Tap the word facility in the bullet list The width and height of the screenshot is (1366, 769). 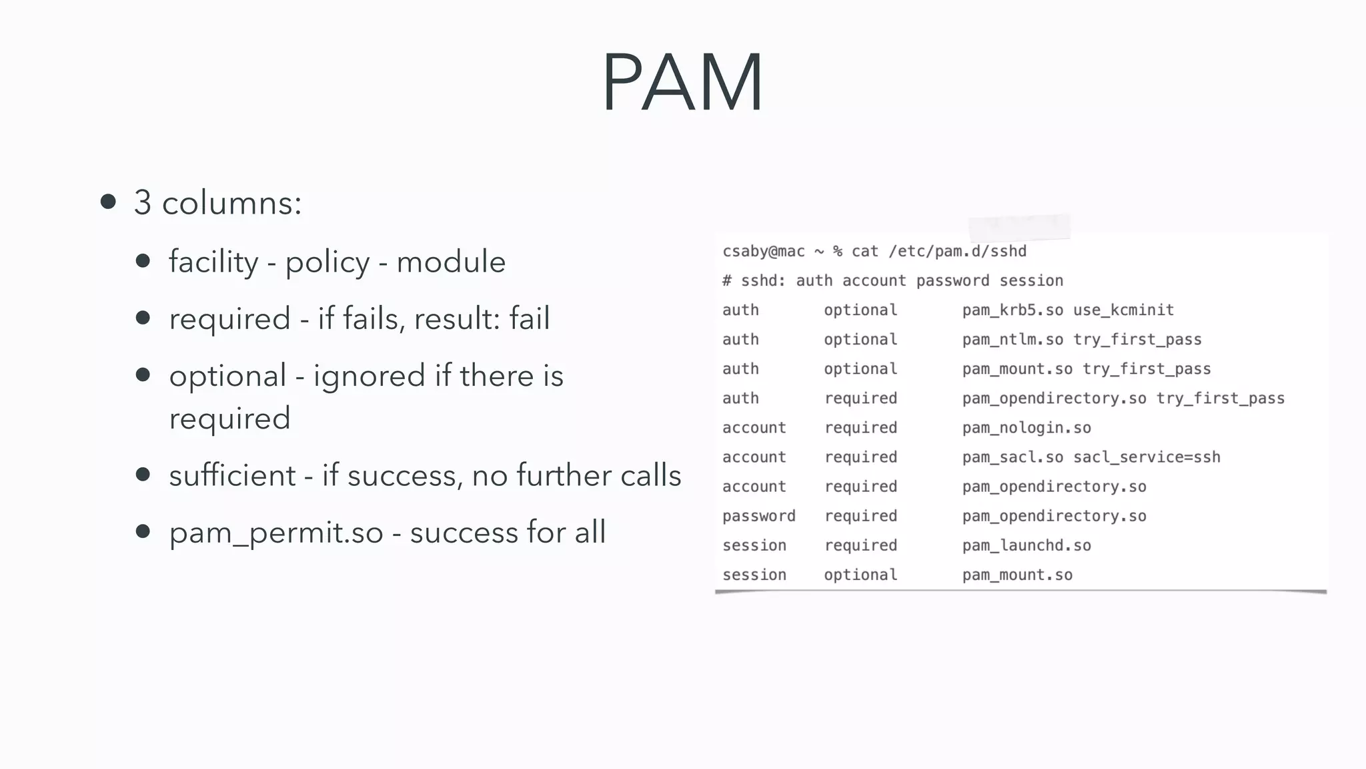point(213,262)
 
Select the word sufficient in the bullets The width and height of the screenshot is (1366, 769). point(232,475)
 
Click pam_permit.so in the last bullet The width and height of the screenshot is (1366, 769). point(276,533)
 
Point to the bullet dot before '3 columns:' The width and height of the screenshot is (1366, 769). point(109,202)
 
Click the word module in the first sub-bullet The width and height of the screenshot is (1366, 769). point(451,262)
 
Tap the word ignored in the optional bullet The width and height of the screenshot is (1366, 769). point(369,376)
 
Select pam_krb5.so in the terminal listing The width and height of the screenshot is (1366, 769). point(1012,310)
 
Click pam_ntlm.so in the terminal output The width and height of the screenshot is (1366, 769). point(1012,340)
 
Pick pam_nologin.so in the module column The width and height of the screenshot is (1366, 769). point(1027,428)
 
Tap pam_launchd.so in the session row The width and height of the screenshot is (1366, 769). point(1027,545)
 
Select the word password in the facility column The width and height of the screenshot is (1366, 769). point(759,516)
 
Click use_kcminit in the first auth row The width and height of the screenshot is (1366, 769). point(1123,310)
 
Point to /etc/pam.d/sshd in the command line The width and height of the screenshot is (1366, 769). point(957,252)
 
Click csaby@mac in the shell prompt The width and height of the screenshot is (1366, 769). point(764,252)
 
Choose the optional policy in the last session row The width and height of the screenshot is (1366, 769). point(860,575)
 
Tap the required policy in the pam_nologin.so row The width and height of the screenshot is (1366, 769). point(860,428)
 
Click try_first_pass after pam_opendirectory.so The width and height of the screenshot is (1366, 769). point(1220,399)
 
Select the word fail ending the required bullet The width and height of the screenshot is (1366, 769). point(530,318)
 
